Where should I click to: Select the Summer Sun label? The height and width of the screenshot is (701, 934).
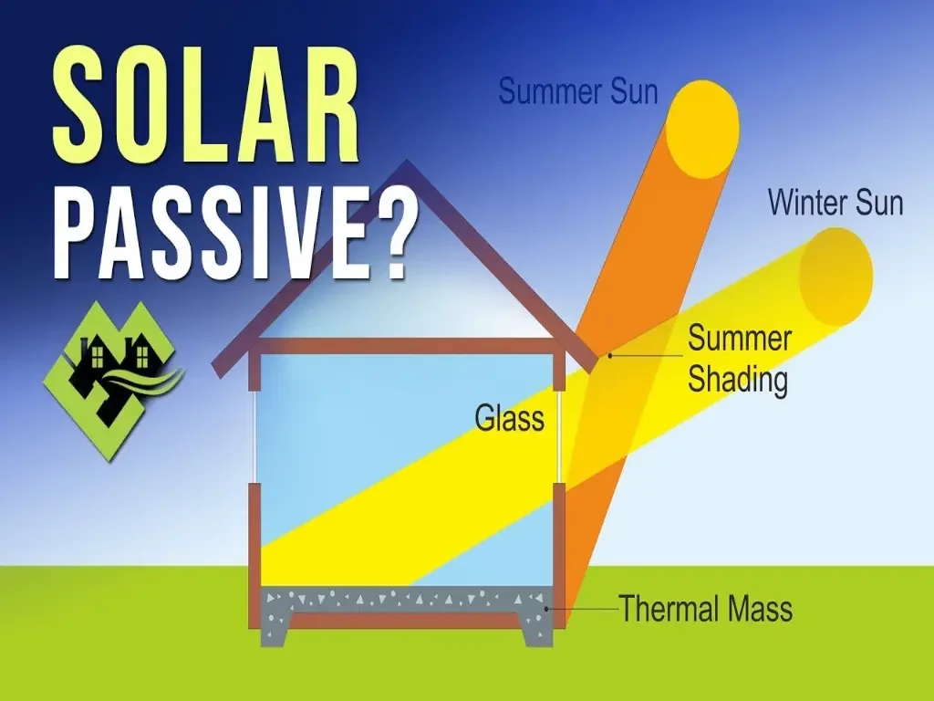click(x=578, y=91)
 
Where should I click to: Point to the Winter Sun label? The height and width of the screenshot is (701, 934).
click(x=835, y=202)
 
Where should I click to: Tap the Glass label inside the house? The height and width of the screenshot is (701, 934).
click(x=509, y=418)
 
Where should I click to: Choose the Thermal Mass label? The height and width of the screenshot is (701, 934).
click(x=706, y=609)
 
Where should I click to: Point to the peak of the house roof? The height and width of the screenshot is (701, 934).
click(x=407, y=169)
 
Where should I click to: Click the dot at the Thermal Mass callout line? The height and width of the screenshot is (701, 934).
click(x=546, y=608)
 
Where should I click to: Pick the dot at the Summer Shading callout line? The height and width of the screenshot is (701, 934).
click(x=610, y=356)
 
